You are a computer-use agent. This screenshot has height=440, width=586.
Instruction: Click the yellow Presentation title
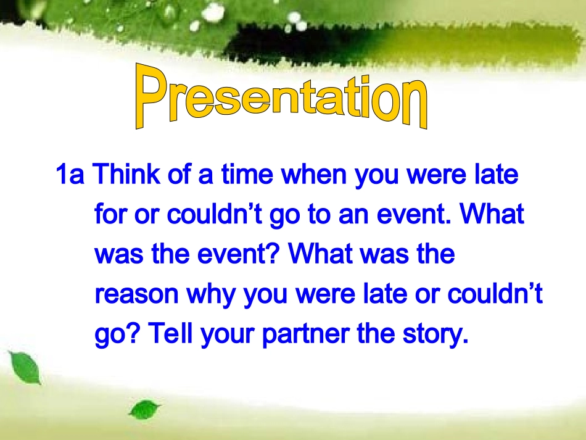281,96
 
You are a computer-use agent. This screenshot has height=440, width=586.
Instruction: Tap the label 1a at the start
70,174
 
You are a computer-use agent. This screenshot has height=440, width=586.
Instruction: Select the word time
247,174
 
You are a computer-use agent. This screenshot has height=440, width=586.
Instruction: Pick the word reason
136,294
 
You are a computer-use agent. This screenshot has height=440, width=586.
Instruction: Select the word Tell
170,333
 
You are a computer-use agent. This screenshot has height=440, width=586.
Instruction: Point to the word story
435,334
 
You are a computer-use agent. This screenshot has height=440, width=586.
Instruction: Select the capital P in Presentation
151,96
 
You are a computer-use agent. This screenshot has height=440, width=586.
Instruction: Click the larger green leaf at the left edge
25,367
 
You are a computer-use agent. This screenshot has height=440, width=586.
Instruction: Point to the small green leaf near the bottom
144,409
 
